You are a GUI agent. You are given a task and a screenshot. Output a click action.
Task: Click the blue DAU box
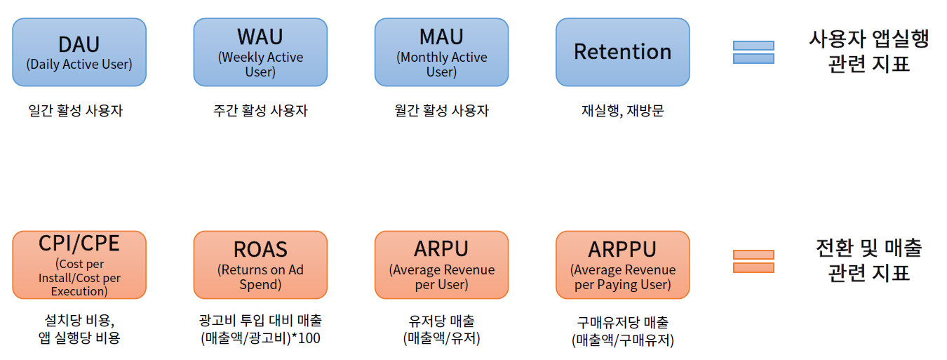tap(79, 52)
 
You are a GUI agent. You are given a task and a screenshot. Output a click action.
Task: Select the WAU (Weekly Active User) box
tap(260, 52)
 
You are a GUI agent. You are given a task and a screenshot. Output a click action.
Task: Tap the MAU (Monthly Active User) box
tap(441, 52)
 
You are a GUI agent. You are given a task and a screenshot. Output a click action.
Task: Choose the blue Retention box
tap(622, 52)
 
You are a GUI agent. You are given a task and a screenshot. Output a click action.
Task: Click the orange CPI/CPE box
tap(79, 265)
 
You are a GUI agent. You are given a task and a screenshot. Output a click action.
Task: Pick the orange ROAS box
tap(260, 265)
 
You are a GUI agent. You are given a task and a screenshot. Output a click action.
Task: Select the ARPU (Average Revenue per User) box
tap(441, 265)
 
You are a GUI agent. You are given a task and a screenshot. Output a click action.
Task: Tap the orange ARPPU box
tap(622, 265)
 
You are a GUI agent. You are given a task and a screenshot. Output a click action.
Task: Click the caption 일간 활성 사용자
tap(76, 110)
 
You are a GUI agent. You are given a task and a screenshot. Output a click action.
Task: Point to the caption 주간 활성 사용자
tap(260, 110)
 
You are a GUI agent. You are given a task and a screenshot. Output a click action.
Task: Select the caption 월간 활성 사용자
tap(441, 110)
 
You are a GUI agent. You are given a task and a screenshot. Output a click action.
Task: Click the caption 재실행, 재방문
tap(622, 110)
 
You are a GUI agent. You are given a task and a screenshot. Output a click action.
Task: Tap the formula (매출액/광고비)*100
tap(260, 338)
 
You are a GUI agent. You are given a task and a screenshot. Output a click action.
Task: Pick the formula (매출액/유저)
tap(441, 338)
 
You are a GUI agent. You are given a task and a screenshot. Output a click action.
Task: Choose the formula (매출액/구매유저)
tap(622, 340)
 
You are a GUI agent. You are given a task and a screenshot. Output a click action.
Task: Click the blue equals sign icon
tap(753, 52)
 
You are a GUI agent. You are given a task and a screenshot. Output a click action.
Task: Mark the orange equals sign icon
tap(753, 261)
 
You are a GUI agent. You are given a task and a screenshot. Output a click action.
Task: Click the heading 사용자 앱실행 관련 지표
tap(868, 51)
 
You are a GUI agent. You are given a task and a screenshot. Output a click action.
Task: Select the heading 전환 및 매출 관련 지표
tap(868, 260)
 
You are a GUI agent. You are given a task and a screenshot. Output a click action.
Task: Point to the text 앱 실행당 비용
tap(79, 338)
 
